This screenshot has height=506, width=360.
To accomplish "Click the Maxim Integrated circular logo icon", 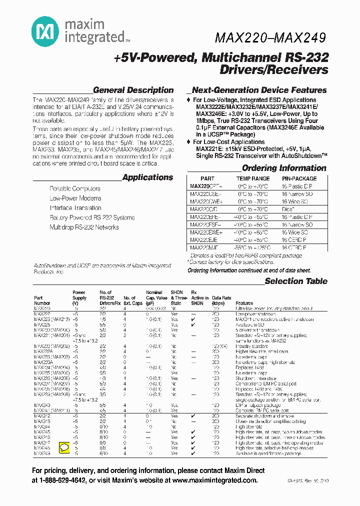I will [42, 32].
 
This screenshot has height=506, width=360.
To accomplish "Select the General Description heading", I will [133, 90].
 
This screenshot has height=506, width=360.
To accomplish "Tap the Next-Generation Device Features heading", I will [259, 90].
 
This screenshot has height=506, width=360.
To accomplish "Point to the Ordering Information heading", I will [284, 168].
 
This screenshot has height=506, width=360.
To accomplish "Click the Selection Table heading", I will [296, 281].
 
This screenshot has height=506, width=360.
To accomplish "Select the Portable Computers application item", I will [75, 189].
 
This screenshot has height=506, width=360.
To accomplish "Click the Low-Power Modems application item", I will [75, 198].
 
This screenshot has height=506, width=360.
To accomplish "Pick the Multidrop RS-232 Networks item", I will [84, 227].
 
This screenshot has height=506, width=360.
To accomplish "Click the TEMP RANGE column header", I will [252, 178].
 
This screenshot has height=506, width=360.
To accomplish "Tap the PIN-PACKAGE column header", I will [299, 178].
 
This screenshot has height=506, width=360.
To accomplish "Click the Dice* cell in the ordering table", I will [288, 209].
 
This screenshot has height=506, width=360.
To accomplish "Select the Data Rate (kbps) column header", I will [218, 300].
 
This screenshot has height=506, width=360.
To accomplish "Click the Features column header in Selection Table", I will [244, 303].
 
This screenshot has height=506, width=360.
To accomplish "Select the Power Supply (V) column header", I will [78, 297].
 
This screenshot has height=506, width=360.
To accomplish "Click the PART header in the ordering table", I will [207, 178].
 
